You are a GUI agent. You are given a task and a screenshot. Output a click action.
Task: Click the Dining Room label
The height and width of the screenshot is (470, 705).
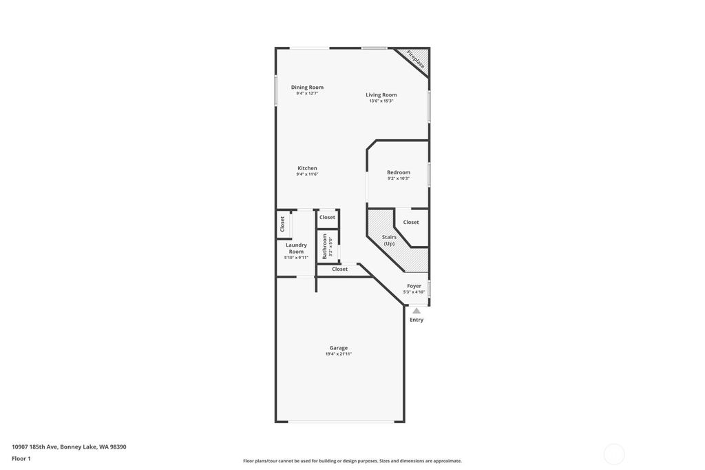tap(307, 88)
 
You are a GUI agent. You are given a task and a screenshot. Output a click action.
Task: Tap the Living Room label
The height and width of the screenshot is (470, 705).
tap(381, 95)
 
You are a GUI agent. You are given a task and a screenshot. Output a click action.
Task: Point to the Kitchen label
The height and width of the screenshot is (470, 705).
tap(307, 168)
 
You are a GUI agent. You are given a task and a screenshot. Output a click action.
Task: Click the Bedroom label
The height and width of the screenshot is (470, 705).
tap(398, 172)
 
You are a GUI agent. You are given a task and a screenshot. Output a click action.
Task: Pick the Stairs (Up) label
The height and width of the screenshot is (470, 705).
tap(389, 240)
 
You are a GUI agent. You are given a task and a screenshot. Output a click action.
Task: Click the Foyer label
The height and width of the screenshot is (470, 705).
tap(414, 286)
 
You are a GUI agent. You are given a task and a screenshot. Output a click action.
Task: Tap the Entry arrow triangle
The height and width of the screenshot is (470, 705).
tap(417, 311)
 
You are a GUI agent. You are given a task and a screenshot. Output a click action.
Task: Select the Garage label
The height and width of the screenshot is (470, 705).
tap(338, 348)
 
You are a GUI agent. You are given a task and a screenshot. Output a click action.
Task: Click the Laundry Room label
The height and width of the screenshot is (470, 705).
tap(296, 248)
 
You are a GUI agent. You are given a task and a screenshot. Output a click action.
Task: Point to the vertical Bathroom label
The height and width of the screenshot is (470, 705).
tap(325, 246)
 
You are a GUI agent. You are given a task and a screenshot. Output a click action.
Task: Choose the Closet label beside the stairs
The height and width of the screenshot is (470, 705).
tap(411, 222)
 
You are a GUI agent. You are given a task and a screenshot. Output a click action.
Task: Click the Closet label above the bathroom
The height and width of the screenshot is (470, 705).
tap(327, 217)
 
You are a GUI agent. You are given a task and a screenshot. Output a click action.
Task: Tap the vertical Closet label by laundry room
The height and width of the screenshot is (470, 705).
tap(282, 224)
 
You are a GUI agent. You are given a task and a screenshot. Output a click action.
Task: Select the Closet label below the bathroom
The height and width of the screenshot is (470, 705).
tap(339, 269)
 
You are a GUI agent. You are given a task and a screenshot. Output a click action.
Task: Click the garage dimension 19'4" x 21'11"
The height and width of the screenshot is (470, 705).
tap(338, 354)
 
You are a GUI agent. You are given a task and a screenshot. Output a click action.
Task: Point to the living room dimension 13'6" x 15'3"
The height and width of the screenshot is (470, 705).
tap(381, 101)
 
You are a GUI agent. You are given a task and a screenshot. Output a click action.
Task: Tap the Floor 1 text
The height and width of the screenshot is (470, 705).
tap(21, 458)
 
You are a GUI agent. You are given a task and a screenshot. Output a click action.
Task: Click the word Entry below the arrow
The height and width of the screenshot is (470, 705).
tap(417, 320)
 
